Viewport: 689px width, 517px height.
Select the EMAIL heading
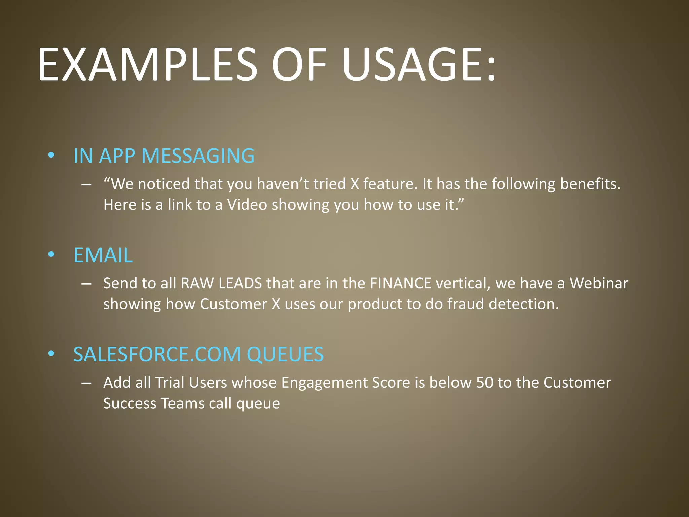point(103,255)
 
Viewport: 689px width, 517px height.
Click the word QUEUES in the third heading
point(285,354)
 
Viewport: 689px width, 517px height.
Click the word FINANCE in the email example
point(400,283)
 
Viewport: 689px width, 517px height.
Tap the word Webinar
point(599,283)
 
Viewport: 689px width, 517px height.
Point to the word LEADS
point(240,283)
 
